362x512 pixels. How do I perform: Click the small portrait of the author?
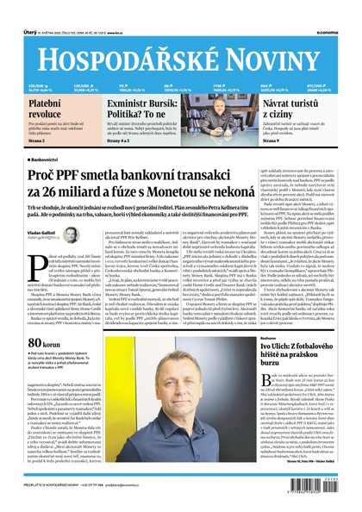(x=71, y=237)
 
